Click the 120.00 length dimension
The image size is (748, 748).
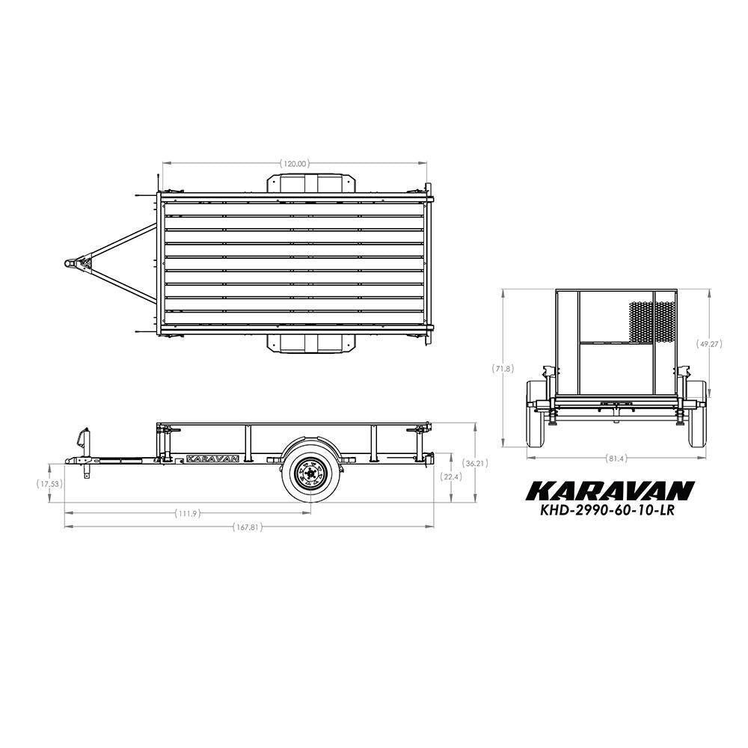click(295, 164)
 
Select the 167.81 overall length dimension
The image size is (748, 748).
click(248, 527)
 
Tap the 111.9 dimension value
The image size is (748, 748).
click(188, 513)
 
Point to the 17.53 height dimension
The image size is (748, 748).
click(49, 484)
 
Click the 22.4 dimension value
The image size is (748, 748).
click(451, 476)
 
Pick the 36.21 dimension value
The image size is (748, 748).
click(475, 463)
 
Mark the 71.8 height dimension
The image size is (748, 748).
click(503, 368)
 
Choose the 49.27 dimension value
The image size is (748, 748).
click(709, 343)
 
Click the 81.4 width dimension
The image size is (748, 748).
click(616, 459)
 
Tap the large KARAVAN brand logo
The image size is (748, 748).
click(610, 491)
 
